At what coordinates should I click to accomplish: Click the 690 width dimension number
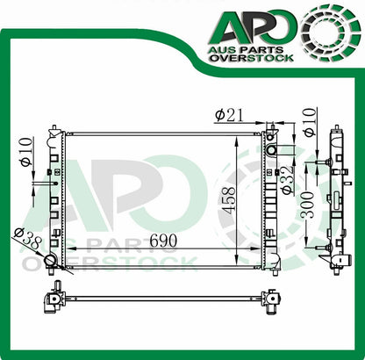point(163,241)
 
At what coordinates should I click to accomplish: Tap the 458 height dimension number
point(228,200)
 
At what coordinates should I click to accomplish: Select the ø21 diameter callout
point(229,116)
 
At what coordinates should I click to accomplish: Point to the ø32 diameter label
point(286,179)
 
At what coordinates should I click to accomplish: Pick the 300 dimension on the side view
point(307,205)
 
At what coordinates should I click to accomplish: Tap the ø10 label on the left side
point(26,152)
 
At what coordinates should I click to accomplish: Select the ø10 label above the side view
point(310,122)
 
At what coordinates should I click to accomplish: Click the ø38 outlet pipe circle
point(50,261)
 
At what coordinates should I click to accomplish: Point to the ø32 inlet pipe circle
point(272,150)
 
